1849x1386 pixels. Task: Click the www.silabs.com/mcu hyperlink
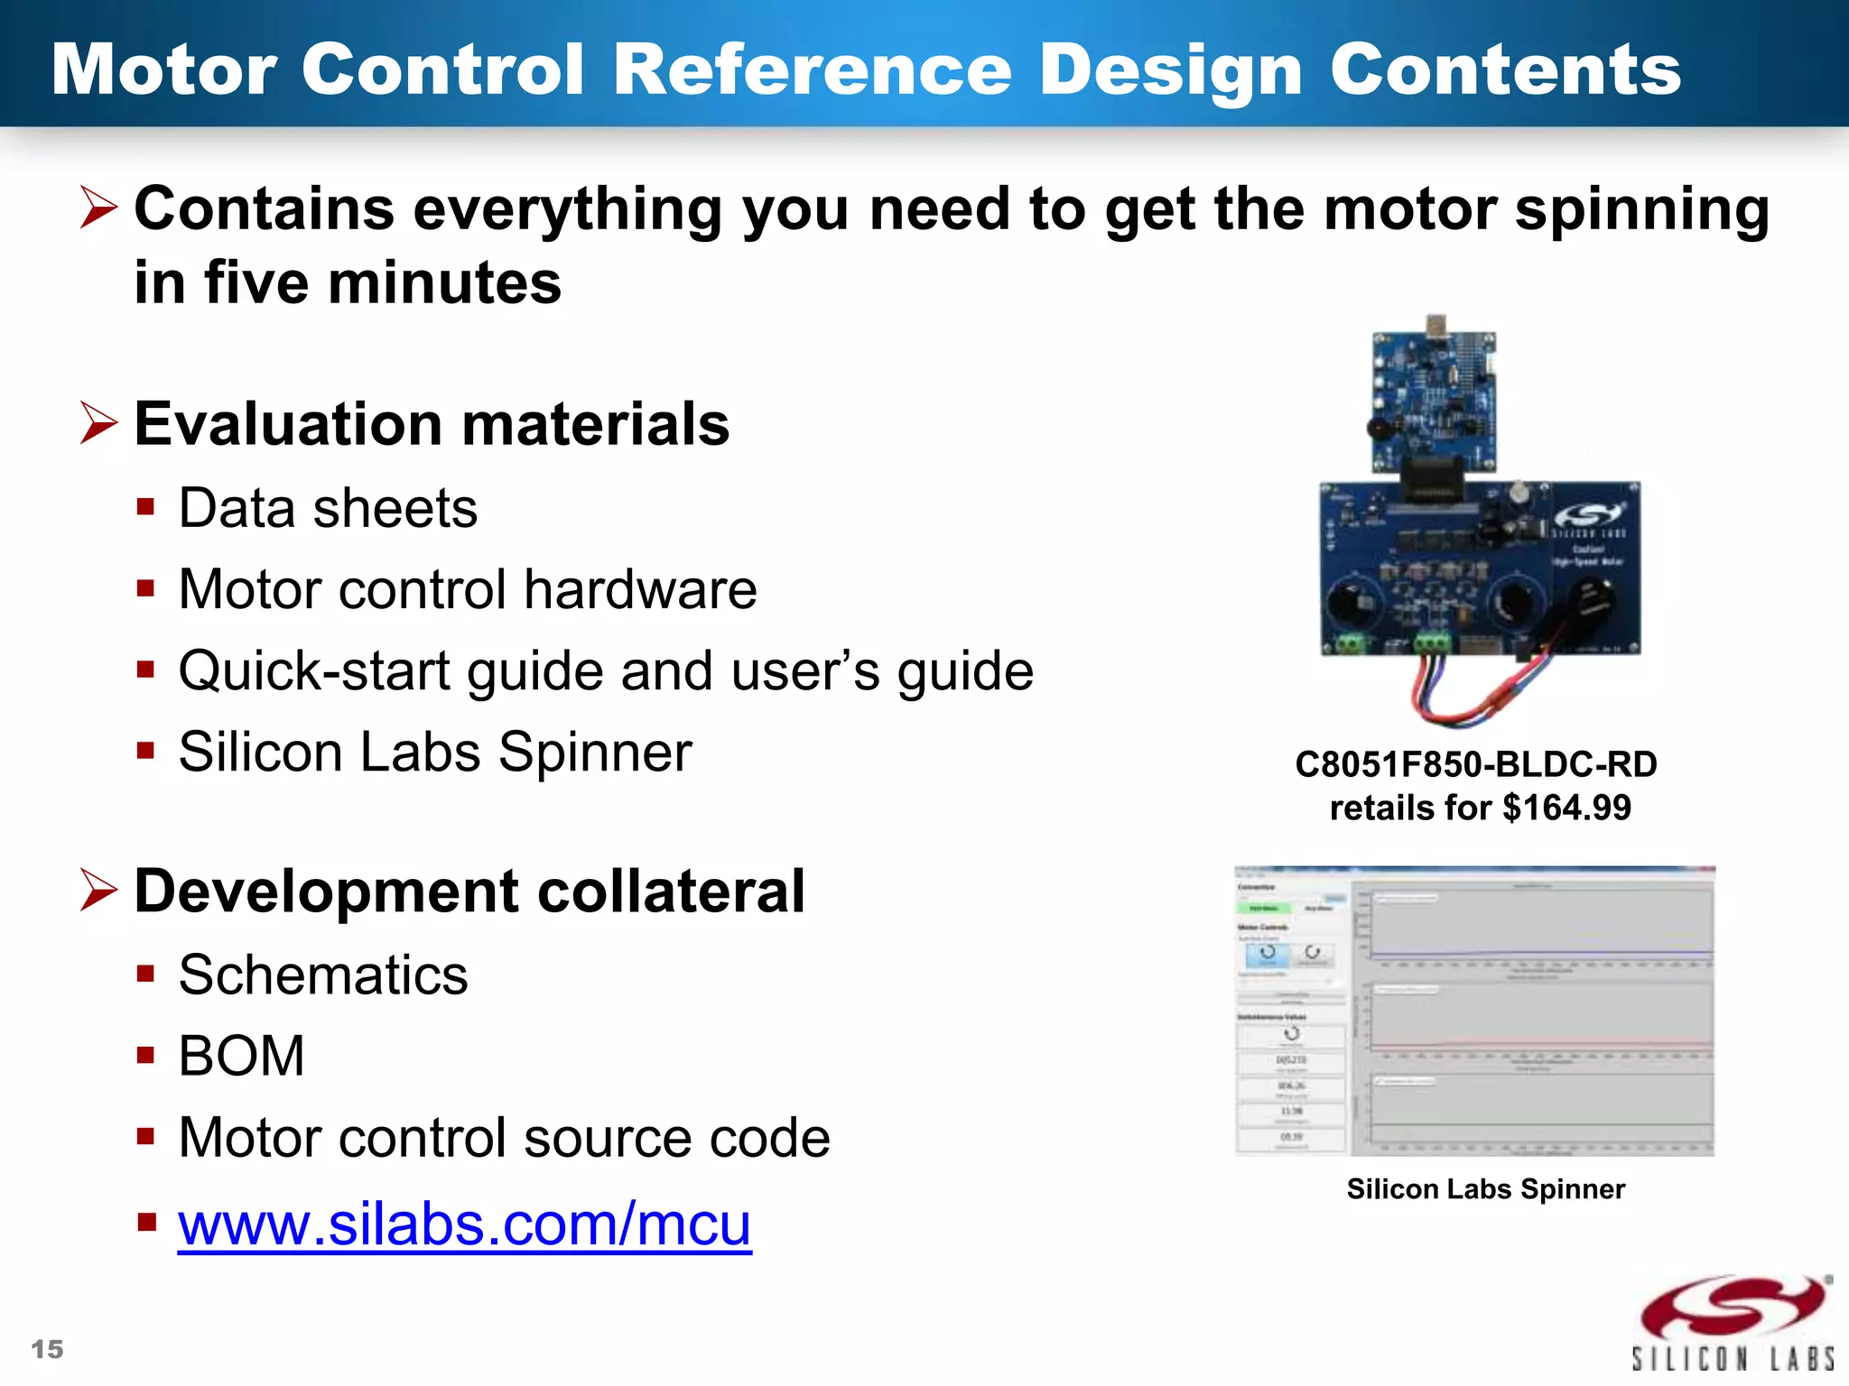click(464, 1224)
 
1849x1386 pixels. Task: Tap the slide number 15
click(47, 1349)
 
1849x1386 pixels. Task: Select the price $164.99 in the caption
click(1566, 808)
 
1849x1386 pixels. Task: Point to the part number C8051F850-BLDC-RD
click(1476, 764)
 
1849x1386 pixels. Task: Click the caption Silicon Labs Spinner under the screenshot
click(1485, 1188)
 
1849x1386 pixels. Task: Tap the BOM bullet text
click(241, 1056)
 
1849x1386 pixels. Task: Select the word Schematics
click(323, 975)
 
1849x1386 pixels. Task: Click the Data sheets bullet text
click(328, 508)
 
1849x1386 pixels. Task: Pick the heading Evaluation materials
click(432, 424)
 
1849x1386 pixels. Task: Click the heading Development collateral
click(469, 892)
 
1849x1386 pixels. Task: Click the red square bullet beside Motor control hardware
click(146, 589)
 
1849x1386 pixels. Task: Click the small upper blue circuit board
click(1433, 397)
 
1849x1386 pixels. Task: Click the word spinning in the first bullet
click(1641, 209)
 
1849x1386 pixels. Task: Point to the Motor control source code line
click(504, 1137)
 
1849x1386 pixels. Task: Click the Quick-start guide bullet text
click(605, 671)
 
